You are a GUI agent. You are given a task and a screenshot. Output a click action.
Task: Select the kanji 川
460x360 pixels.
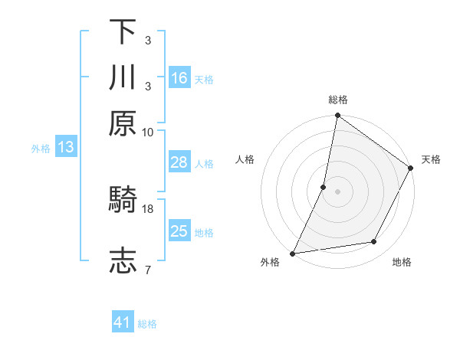[x=123, y=77]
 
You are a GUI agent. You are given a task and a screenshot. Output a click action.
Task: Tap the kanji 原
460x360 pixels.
[x=123, y=123]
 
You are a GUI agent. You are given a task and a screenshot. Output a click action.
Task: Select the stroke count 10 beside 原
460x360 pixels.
[x=148, y=132]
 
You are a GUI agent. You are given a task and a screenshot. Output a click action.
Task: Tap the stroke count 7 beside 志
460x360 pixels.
[x=148, y=270]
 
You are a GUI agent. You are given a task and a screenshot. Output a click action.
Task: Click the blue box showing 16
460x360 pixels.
[x=179, y=78]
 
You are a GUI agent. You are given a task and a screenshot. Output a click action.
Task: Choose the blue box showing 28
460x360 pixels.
[x=179, y=162]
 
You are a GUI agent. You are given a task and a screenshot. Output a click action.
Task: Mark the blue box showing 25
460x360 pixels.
[x=179, y=231]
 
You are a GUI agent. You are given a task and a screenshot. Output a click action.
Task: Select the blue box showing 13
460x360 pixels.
[x=65, y=148]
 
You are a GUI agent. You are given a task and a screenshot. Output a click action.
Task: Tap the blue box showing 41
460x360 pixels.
[x=123, y=323]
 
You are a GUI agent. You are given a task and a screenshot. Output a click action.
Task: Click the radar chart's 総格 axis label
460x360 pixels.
[x=338, y=100]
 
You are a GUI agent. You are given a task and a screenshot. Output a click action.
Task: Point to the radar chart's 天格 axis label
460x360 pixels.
[x=431, y=159]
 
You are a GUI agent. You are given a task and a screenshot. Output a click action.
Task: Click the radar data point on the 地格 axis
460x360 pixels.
[x=374, y=242]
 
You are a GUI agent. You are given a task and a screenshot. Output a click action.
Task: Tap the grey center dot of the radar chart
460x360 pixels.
[x=338, y=191]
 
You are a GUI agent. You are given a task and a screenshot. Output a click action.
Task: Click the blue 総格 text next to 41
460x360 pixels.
[x=147, y=324]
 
